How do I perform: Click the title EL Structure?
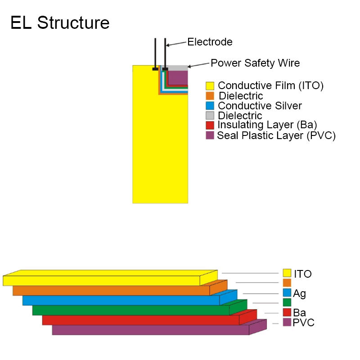60,22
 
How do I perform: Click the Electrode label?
210,42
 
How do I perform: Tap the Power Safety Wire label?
255,63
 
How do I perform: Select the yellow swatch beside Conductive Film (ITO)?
210,85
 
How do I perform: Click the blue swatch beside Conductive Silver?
210,106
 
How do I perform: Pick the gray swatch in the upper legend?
210,116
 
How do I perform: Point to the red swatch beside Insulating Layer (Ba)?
210,125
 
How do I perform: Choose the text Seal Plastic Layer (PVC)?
276,135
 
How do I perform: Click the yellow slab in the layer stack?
101,280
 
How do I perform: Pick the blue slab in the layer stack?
121,300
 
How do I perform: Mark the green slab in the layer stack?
131,310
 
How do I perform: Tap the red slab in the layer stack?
141,320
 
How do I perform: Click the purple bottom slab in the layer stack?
151,330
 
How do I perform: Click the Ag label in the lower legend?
299,294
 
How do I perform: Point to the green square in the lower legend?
287,302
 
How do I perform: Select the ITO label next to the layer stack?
303,274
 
